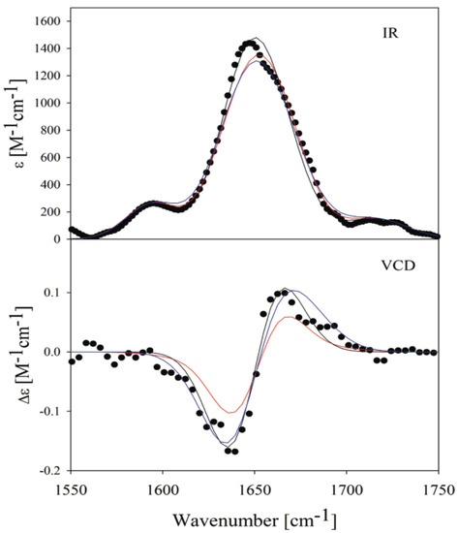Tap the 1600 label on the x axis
point(162,489)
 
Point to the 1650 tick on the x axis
point(254,489)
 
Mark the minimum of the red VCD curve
point(229,412)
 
